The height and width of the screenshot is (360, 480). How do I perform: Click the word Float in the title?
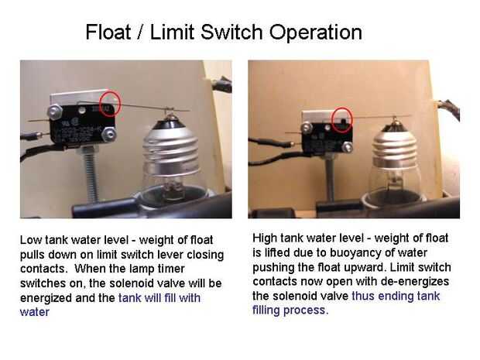108,32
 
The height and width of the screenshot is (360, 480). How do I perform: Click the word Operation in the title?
316,33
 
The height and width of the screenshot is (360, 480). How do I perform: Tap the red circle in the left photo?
111,104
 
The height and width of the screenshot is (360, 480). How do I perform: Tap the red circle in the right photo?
342,120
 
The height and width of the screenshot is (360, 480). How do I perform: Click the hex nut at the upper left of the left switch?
55,111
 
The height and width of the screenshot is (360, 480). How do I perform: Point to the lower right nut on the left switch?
108,134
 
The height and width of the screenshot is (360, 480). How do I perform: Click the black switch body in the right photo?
327,135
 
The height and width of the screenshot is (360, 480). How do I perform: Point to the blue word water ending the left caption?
35,312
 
